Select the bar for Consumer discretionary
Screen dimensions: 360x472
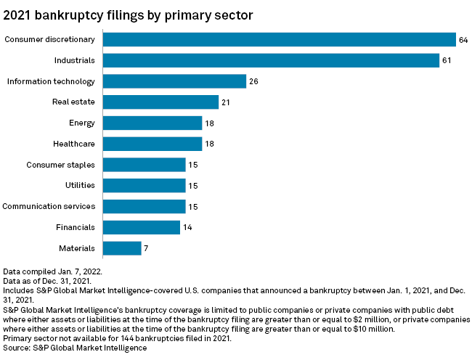click(x=279, y=39)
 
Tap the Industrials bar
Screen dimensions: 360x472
click(x=271, y=60)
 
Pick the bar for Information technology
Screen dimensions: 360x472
click(x=174, y=81)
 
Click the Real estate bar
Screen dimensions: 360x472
click(x=160, y=102)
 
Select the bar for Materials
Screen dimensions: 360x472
click(x=122, y=248)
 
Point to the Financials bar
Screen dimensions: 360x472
click(x=141, y=227)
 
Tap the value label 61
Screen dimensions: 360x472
click(x=447, y=60)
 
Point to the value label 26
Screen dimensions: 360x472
click(x=254, y=81)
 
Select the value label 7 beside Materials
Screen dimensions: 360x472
click(x=146, y=248)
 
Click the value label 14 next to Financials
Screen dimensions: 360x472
click(x=188, y=227)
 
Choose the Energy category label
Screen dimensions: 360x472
click(x=81, y=123)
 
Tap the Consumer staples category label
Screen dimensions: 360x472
click(x=62, y=165)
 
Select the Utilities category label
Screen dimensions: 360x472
click(x=80, y=186)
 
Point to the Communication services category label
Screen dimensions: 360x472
click(x=49, y=207)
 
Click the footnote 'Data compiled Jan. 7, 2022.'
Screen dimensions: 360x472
click(x=52, y=271)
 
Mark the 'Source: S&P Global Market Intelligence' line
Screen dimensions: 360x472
click(x=76, y=348)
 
